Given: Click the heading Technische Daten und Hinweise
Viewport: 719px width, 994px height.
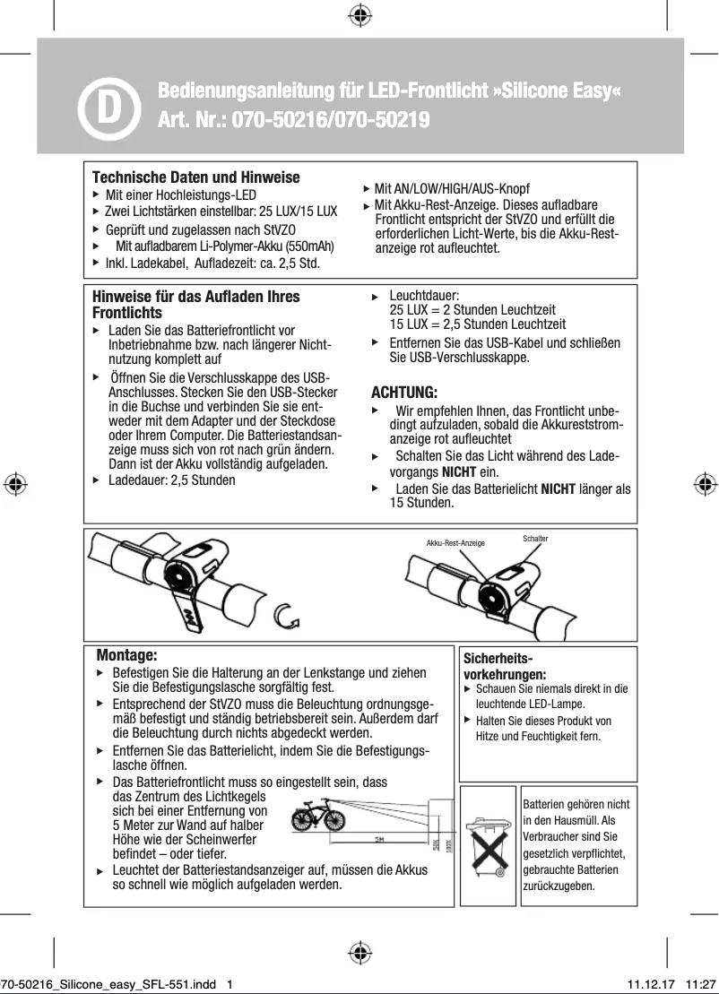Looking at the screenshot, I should [x=196, y=177].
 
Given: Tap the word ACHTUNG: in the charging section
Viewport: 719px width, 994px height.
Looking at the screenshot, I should [x=404, y=393].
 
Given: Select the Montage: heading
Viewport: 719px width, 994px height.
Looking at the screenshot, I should [x=126, y=655].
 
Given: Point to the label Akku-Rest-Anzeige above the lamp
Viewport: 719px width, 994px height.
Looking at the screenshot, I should [x=455, y=543].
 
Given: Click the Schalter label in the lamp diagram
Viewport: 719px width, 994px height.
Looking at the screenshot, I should [x=534, y=539].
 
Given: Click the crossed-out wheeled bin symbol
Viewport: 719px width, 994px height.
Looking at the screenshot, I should [x=488, y=846].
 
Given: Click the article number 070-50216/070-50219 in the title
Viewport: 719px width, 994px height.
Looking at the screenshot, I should [x=331, y=120].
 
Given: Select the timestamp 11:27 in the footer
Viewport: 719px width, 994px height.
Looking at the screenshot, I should [x=700, y=983].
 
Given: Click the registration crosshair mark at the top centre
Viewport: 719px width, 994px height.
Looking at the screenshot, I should [x=359, y=14].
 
